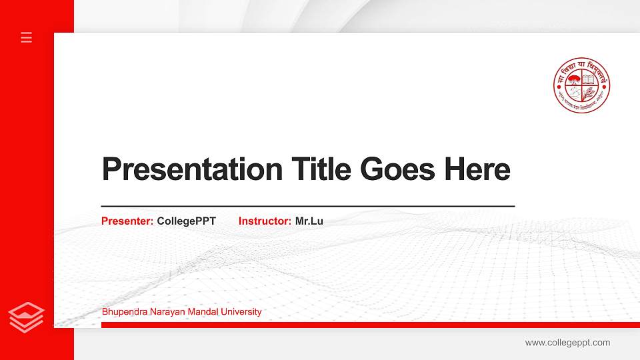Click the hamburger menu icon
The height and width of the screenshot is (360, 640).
coord(27,37)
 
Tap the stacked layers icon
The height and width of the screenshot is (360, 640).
coord(27,317)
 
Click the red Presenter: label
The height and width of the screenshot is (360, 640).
coord(127,221)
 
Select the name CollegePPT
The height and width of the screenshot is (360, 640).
coord(186,221)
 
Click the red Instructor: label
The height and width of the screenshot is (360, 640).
coord(265,221)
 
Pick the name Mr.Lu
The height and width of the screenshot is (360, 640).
coord(309,221)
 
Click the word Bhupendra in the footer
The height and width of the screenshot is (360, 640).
coord(123,311)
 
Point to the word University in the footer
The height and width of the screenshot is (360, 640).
coord(241,311)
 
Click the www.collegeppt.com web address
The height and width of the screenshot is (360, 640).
coord(567,343)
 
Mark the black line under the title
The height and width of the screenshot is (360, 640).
coord(307,207)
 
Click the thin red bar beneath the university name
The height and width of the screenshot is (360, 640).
coord(367,325)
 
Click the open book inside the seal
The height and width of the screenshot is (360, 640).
coord(589,79)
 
